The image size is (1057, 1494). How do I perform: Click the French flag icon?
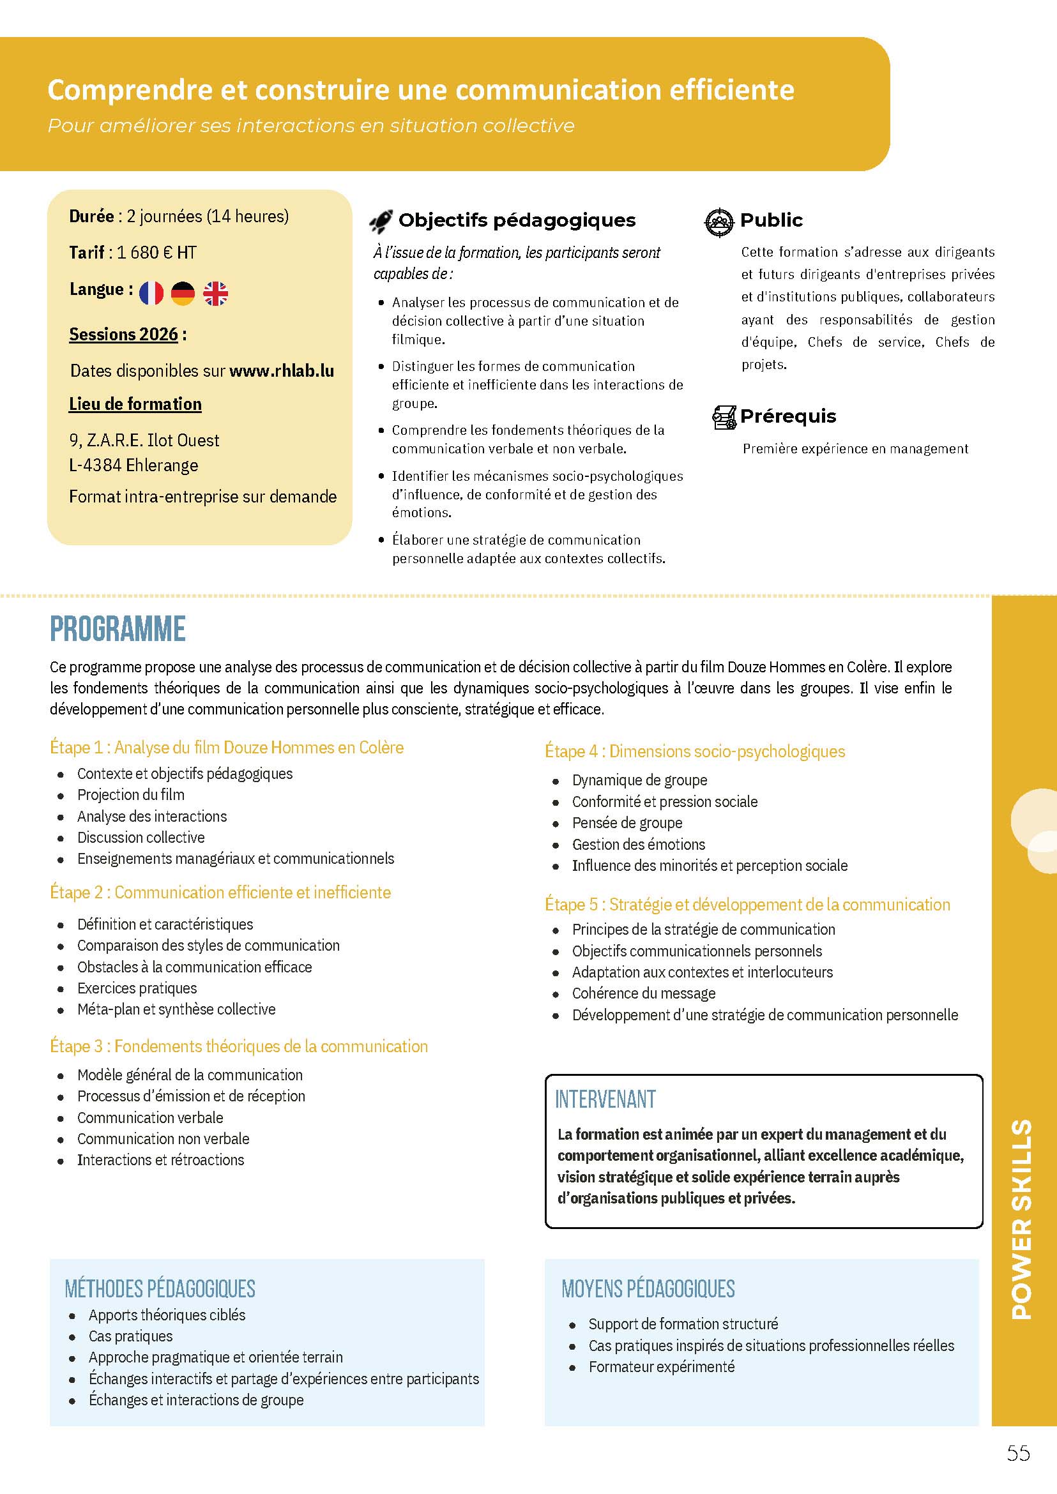pyautogui.click(x=151, y=294)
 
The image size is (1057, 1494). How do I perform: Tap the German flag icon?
pyautogui.click(x=183, y=294)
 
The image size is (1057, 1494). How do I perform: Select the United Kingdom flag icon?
pyautogui.click(x=215, y=294)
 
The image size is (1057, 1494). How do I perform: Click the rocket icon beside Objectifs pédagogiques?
pyautogui.click(x=381, y=222)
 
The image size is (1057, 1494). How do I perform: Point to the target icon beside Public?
pyautogui.click(x=719, y=222)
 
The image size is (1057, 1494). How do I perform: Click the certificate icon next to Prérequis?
pyautogui.click(x=724, y=417)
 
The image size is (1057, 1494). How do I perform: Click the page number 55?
pyautogui.click(x=1018, y=1471)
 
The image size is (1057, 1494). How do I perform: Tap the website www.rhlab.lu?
pyautogui.click(x=282, y=371)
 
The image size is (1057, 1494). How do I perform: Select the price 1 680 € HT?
pyautogui.click(x=156, y=252)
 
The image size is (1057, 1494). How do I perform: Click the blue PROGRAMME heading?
pyautogui.click(x=118, y=630)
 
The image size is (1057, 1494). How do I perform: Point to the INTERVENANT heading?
pyautogui.click(x=605, y=1099)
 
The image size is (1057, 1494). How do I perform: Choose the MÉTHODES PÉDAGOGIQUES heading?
pyautogui.click(x=160, y=1288)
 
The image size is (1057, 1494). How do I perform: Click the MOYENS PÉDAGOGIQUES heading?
pyautogui.click(x=648, y=1288)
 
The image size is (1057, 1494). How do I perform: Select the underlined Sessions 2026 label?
pyautogui.click(x=124, y=335)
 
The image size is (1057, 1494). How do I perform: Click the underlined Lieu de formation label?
pyautogui.click(x=135, y=404)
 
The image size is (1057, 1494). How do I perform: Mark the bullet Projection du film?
pyautogui.click(x=131, y=794)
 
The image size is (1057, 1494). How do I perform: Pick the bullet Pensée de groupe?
pyautogui.click(x=627, y=823)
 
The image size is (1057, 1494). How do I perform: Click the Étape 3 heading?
pyautogui.click(x=239, y=1046)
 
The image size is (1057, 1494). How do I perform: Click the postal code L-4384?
pyautogui.click(x=95, y=465)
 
